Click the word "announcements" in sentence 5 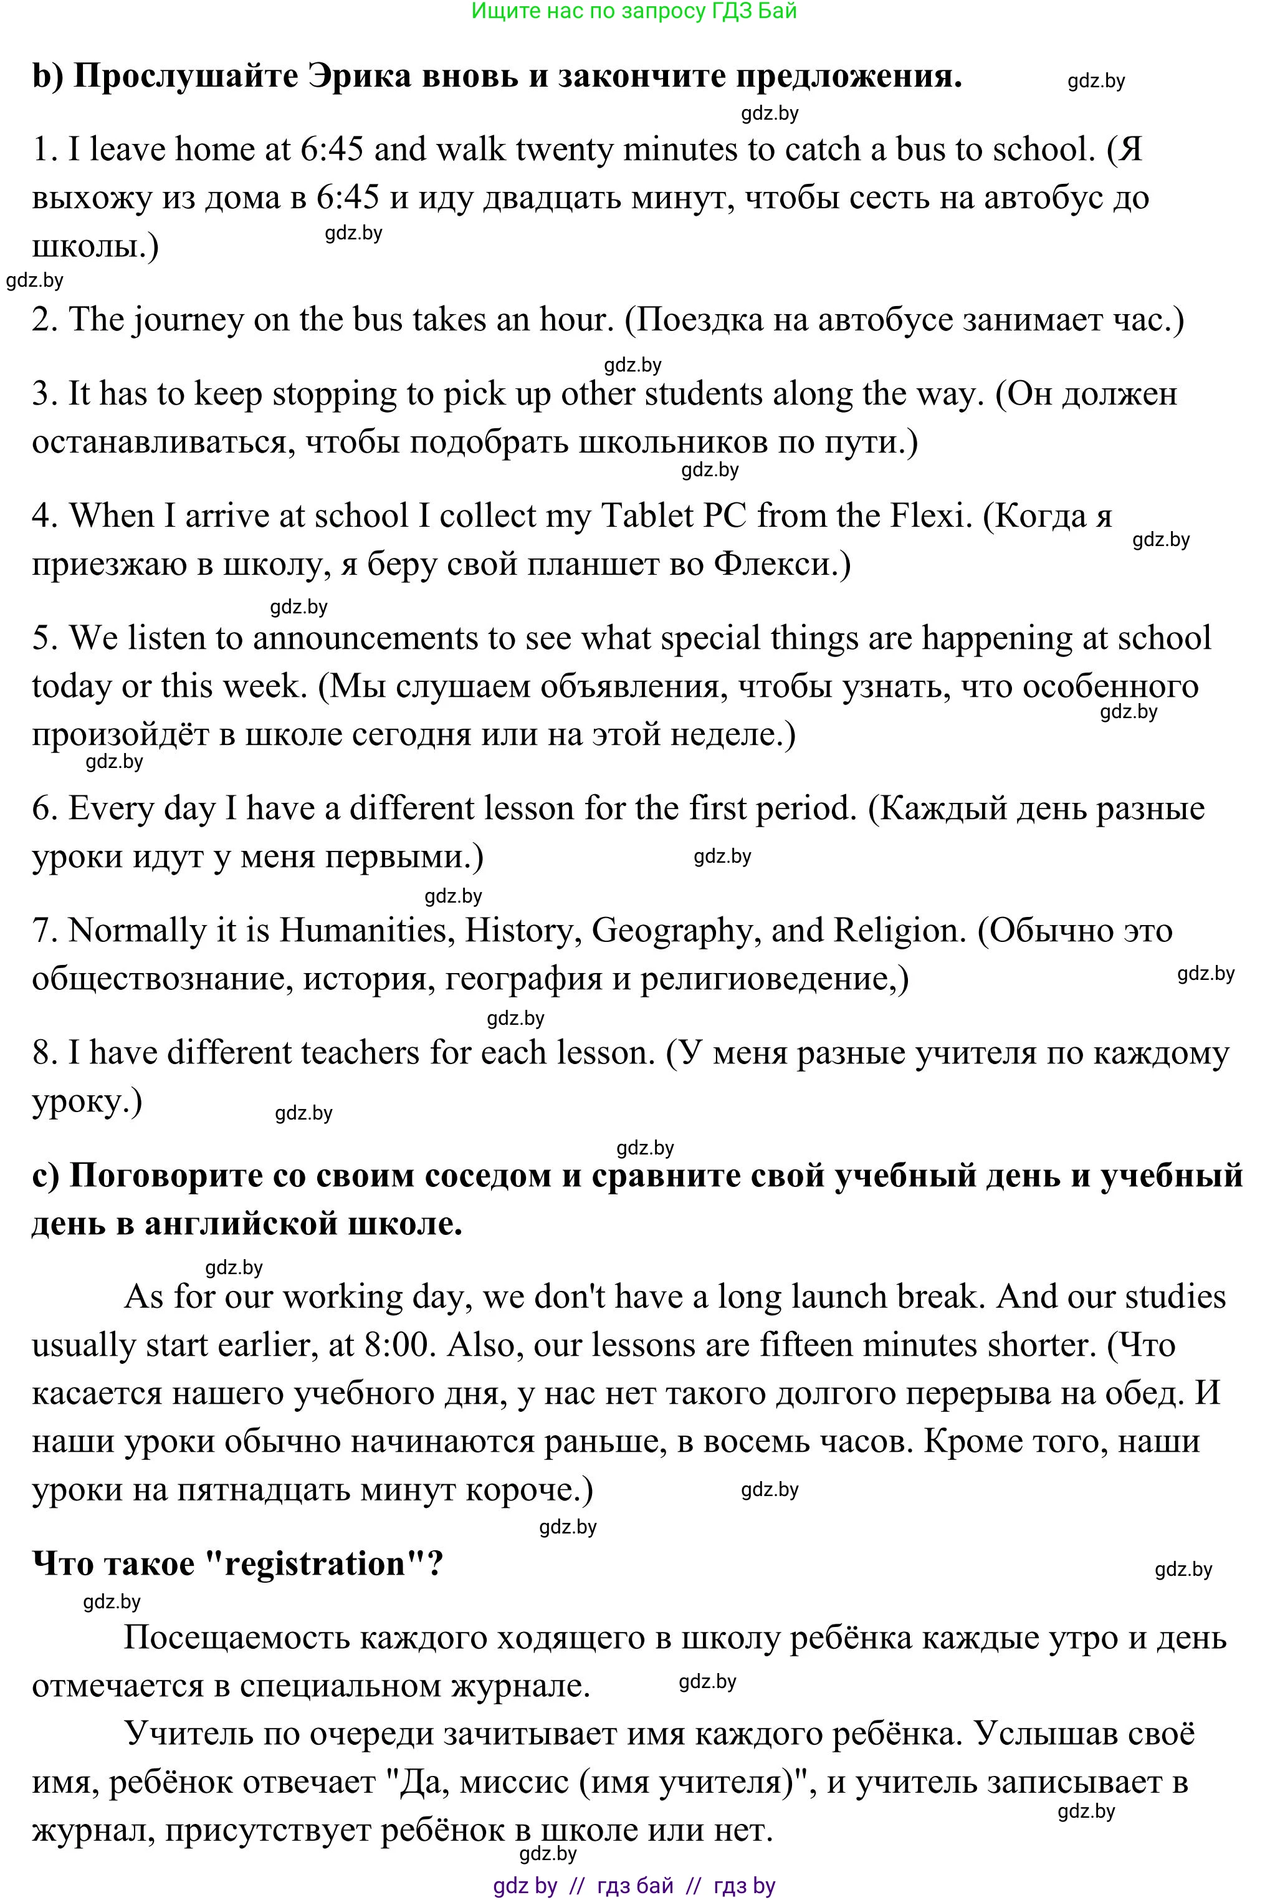click(x=367, y=638)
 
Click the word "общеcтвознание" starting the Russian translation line click(x=162, y=979)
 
